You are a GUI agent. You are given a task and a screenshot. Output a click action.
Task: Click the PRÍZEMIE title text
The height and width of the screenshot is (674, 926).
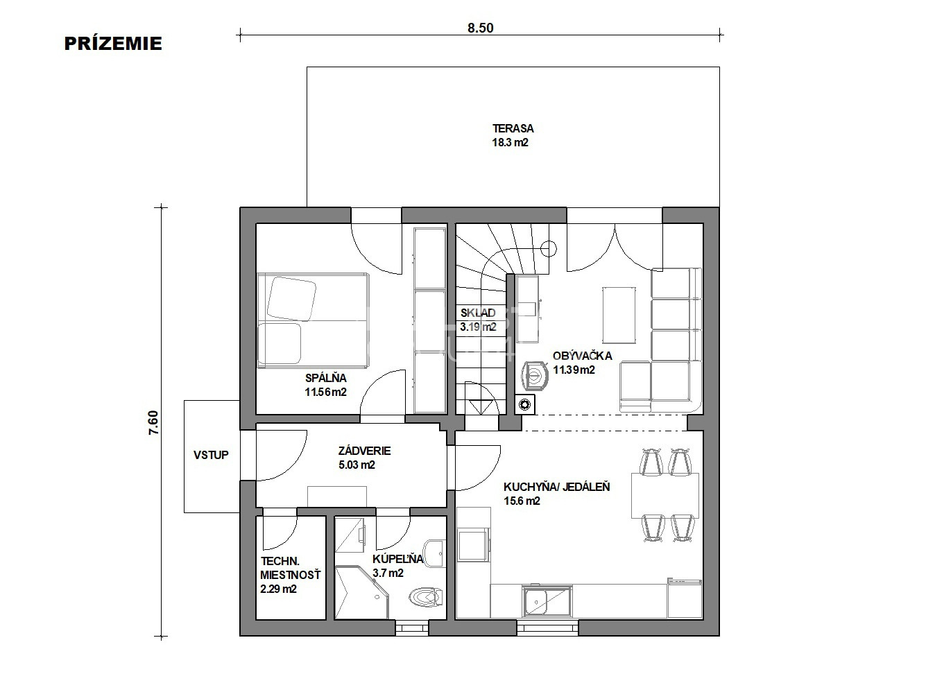coord(113,44)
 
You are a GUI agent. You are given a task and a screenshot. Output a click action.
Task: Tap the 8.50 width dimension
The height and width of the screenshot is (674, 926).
coord(481,28)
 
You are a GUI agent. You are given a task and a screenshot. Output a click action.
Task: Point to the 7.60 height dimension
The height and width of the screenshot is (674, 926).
coord(153,422)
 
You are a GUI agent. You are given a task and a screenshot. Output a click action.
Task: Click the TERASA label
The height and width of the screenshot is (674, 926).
coord(513,128)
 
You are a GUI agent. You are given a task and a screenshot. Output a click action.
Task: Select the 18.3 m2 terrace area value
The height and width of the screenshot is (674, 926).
coord(510,143)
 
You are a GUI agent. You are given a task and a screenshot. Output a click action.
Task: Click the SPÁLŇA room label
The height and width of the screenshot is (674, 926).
coord(326,377)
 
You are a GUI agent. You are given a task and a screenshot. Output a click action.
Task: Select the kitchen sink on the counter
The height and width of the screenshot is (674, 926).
coord(547,601)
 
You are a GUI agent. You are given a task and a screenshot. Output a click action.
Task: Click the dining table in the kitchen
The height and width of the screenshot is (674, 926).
coord(665,496)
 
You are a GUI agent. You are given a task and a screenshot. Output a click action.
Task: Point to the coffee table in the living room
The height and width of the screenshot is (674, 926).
coord(619,316)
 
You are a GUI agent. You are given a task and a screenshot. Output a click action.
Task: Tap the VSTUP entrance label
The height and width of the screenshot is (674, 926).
coord(211,455)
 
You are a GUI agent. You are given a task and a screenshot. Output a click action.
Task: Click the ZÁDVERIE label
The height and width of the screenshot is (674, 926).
coord(364,451)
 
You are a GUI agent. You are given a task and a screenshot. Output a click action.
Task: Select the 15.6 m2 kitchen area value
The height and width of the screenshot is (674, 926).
coord(522,501)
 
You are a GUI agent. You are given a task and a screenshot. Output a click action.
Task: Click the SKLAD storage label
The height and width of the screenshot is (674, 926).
coord(478,313)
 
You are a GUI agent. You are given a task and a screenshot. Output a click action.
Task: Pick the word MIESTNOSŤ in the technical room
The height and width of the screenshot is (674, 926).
coord(290,575)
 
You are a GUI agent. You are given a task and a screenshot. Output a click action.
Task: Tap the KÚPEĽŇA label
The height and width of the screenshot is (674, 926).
coord(397,559)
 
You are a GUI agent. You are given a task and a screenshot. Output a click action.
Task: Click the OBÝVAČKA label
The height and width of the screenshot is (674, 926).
coord(582,356)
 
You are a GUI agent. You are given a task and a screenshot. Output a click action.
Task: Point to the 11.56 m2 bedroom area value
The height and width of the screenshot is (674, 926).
coord(326,392)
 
